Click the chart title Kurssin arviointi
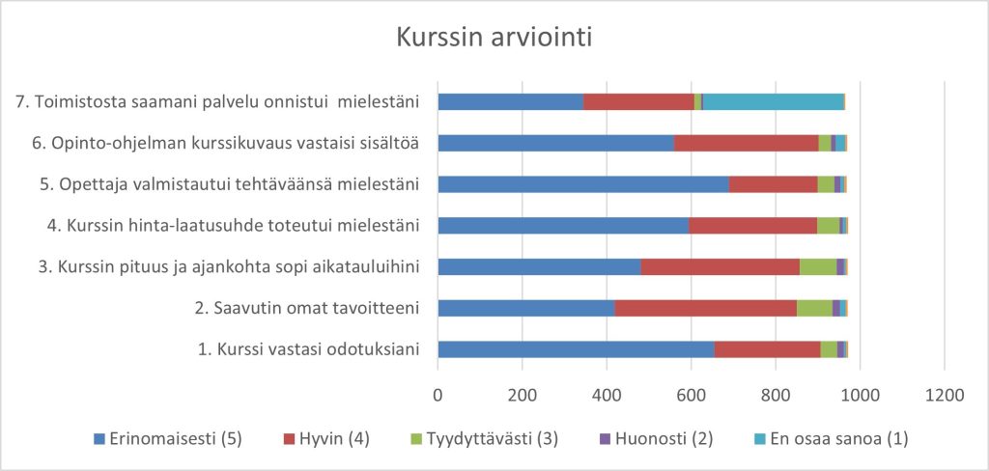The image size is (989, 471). coord(494,39)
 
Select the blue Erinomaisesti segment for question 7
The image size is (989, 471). coord(510,101)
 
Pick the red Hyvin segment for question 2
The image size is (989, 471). coord(705,308)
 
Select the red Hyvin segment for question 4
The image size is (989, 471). coord(753,226)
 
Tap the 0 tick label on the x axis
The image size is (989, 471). coord(438,394)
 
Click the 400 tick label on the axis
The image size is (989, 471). coord(607,394)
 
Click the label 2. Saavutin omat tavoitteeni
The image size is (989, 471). coord(306,308)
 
